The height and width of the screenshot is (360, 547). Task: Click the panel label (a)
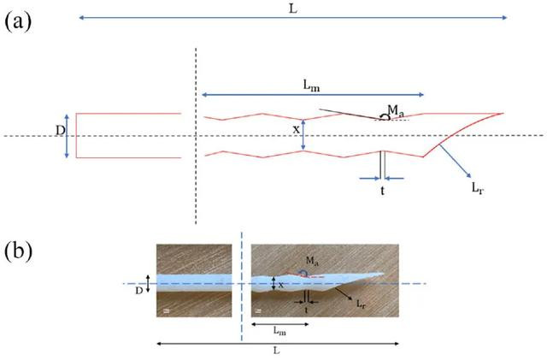coord(18,22)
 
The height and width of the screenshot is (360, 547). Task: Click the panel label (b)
coord(19,251)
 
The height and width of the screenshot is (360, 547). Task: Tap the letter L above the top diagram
coord(293,9)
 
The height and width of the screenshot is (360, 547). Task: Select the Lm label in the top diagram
coord(311,86)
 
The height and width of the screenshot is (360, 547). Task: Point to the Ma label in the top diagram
coord(396,111)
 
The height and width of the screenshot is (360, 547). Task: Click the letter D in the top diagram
coord(61,131)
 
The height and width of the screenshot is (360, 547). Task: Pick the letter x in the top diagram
coord(297,130)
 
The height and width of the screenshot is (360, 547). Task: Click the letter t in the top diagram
coord(383,191)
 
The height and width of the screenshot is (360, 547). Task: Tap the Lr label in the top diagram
coord(478,188)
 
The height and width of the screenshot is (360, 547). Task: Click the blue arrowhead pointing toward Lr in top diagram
coord(468,175)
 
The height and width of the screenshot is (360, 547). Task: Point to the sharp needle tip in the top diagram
coord(503,113)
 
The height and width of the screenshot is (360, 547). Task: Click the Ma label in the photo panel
coord(312,261)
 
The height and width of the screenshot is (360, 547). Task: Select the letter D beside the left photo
coord(139,291)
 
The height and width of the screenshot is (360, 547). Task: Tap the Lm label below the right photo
coord(279,330)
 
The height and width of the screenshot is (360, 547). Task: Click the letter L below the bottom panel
coord(277,351)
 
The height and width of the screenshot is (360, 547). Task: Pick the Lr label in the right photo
coord(361,304)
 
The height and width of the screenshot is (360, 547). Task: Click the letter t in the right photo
coord(307,310)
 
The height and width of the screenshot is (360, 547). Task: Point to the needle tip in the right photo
coord(384,274)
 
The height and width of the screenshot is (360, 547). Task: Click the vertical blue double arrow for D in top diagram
coord(67,136)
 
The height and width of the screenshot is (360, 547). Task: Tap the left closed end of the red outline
coord(76,136)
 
